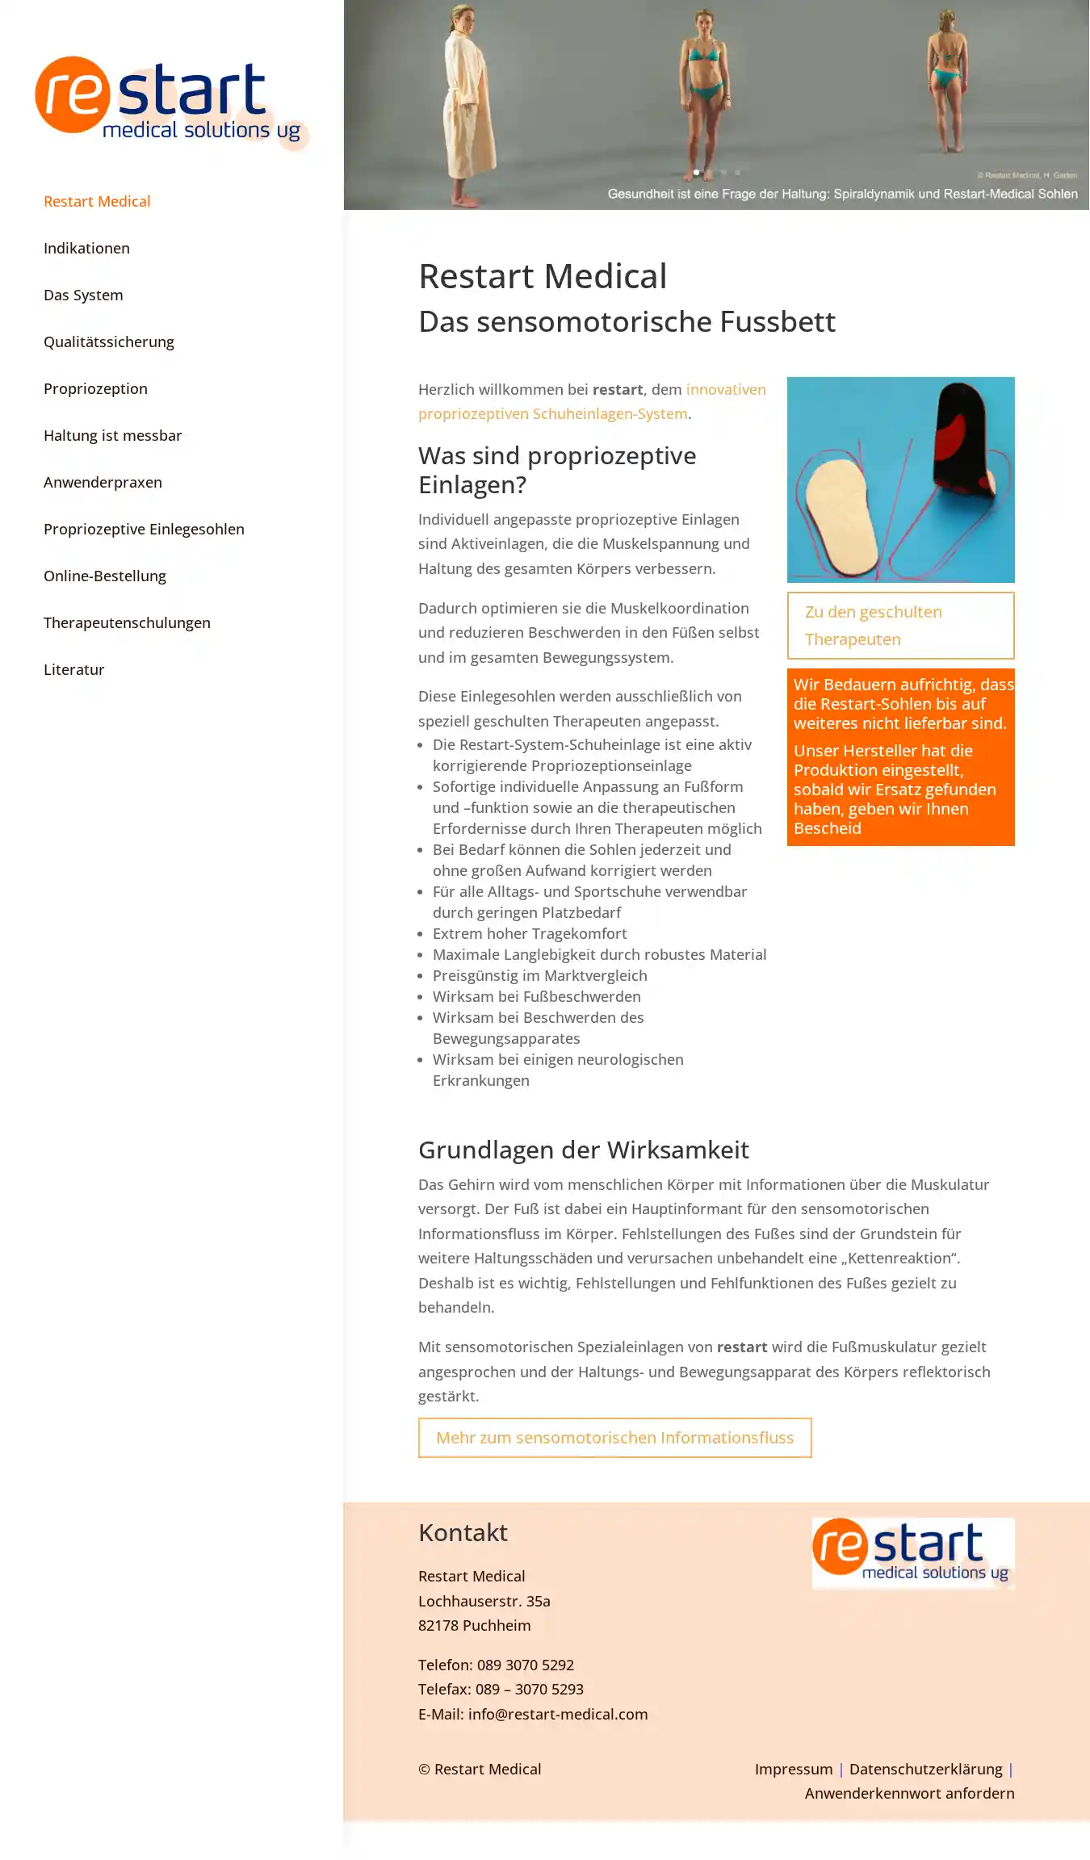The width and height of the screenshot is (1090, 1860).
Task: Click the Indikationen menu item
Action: click(86, 248)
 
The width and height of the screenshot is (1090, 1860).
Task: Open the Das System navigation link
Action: click(83, 295)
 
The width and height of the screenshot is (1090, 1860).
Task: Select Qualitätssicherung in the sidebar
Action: click(109, 341)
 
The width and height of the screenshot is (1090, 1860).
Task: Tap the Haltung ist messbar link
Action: click(112, 435)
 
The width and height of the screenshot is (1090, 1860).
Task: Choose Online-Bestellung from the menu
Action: click(105, 576)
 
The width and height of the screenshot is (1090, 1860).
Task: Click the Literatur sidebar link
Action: click(73, 669)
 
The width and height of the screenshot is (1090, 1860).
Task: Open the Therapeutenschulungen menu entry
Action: click(127, 622)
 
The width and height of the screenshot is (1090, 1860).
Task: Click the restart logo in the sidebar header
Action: click(170, 100)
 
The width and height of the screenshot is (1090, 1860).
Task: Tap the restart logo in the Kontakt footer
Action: click(912, 1552)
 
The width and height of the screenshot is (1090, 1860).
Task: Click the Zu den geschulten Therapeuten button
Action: click(900, 626)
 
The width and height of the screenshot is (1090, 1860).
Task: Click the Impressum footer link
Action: click(793, 1769)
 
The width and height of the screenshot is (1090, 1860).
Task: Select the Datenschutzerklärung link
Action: click(925, 1769)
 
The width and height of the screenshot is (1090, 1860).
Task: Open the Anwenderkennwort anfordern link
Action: click(909, 1793)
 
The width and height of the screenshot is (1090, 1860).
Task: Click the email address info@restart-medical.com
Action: click(557, 1714)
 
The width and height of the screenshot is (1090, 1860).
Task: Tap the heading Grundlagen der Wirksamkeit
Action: click(583, 1150)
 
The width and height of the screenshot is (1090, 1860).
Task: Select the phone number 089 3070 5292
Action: click(525, 1665)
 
